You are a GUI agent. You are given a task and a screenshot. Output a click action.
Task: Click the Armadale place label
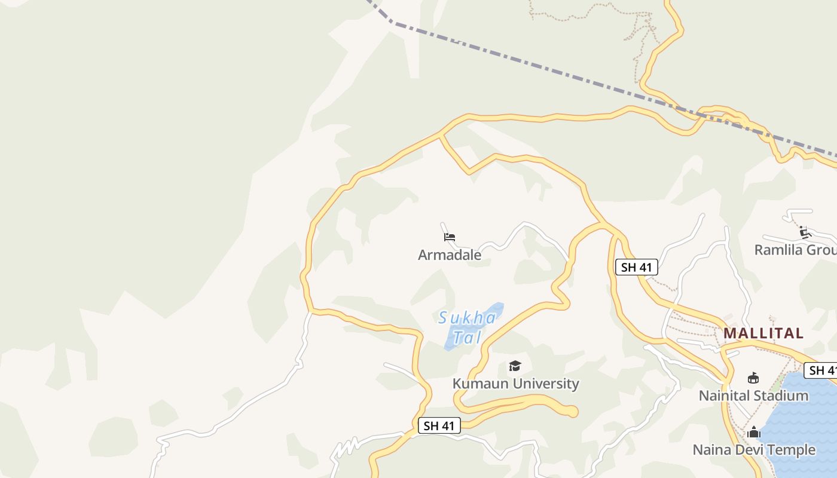pyautogui.click(x=450, y=255)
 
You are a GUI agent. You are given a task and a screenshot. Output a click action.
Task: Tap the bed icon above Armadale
pyautogui.click(x=450, y=237)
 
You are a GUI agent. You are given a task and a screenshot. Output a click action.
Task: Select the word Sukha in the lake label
pyautogui.click(x=467, y=318)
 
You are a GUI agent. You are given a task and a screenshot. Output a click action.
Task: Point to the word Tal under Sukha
pyautogui.click(x=466, y=338)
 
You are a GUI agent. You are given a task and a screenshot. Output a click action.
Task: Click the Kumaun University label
pyautogui.click(x=515, y=384)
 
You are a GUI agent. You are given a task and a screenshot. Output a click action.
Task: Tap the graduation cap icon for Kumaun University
pyautogui.click(x=515, y=366)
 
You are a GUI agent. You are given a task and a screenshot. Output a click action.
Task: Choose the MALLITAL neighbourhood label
pyautogui.click(x=763, y=333)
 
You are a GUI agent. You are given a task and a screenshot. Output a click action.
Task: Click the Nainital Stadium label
pyautogui.click(x=753, y=396)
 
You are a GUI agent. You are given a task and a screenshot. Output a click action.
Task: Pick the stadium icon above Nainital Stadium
pyautogui.click(x=753, y=378)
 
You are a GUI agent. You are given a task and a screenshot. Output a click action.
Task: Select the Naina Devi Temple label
pyautogui.click(x=753, y=450)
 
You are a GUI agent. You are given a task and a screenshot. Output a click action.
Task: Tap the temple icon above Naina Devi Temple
pyautogui.click(x=753, y=432)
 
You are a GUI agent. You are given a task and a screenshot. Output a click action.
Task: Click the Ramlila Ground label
pyautogui.click(x=795, y=250)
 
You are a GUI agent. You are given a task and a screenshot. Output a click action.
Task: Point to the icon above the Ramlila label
pyautogui.click(x=805, y=232)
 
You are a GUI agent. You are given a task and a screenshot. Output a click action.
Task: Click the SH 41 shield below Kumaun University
pyautogui.click(x=439, y=425)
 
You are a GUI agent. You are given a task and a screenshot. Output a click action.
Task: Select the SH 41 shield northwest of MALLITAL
pyautogui.click(x=636, y=267)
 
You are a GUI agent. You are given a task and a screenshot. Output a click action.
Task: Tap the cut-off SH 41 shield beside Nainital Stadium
pyautogui.click(x=821, y=370)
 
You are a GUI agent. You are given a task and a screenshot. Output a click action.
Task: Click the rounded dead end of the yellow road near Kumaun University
pyautogui.click(x=572, y=411)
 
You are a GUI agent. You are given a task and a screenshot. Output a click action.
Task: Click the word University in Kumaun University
pyautogui.click(x=545, y=384)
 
